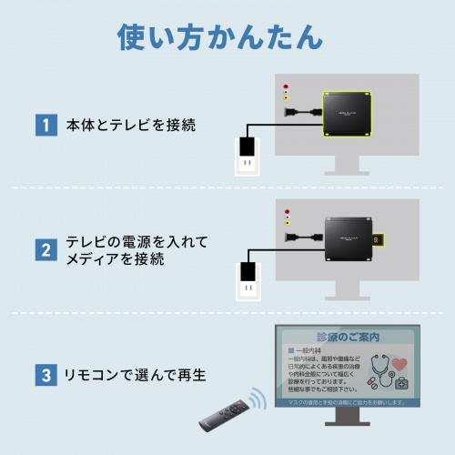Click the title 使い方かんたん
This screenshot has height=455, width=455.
point(219,37)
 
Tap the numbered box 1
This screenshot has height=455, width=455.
point(43,124)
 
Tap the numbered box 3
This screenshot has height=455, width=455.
point(43,374)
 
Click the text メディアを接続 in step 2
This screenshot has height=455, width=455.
point(116,260)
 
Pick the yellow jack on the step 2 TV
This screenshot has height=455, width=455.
point(288,221)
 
